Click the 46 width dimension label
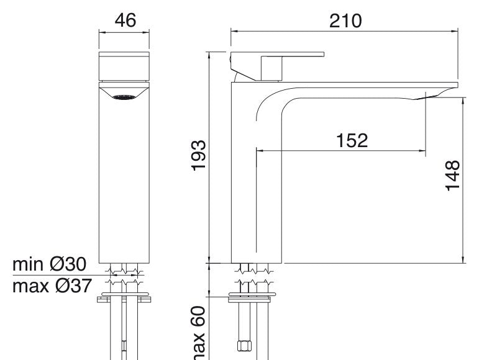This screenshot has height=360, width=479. click(x=125, y=20)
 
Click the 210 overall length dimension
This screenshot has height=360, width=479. click(x=345, y=21)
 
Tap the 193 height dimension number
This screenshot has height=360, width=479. click(x=199, y=155)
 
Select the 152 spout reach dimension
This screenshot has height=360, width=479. click(x=352, y=140)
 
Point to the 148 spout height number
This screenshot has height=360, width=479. click(x=452, y=176)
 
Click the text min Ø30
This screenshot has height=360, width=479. click(x=50, y=264)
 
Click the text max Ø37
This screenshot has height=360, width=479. click(x=52, y=286)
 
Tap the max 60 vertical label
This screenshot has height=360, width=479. click(x=199, y=333)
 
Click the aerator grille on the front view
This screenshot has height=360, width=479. click(x=124, y=97)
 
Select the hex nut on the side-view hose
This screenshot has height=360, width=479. click(x=244, y=346)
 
